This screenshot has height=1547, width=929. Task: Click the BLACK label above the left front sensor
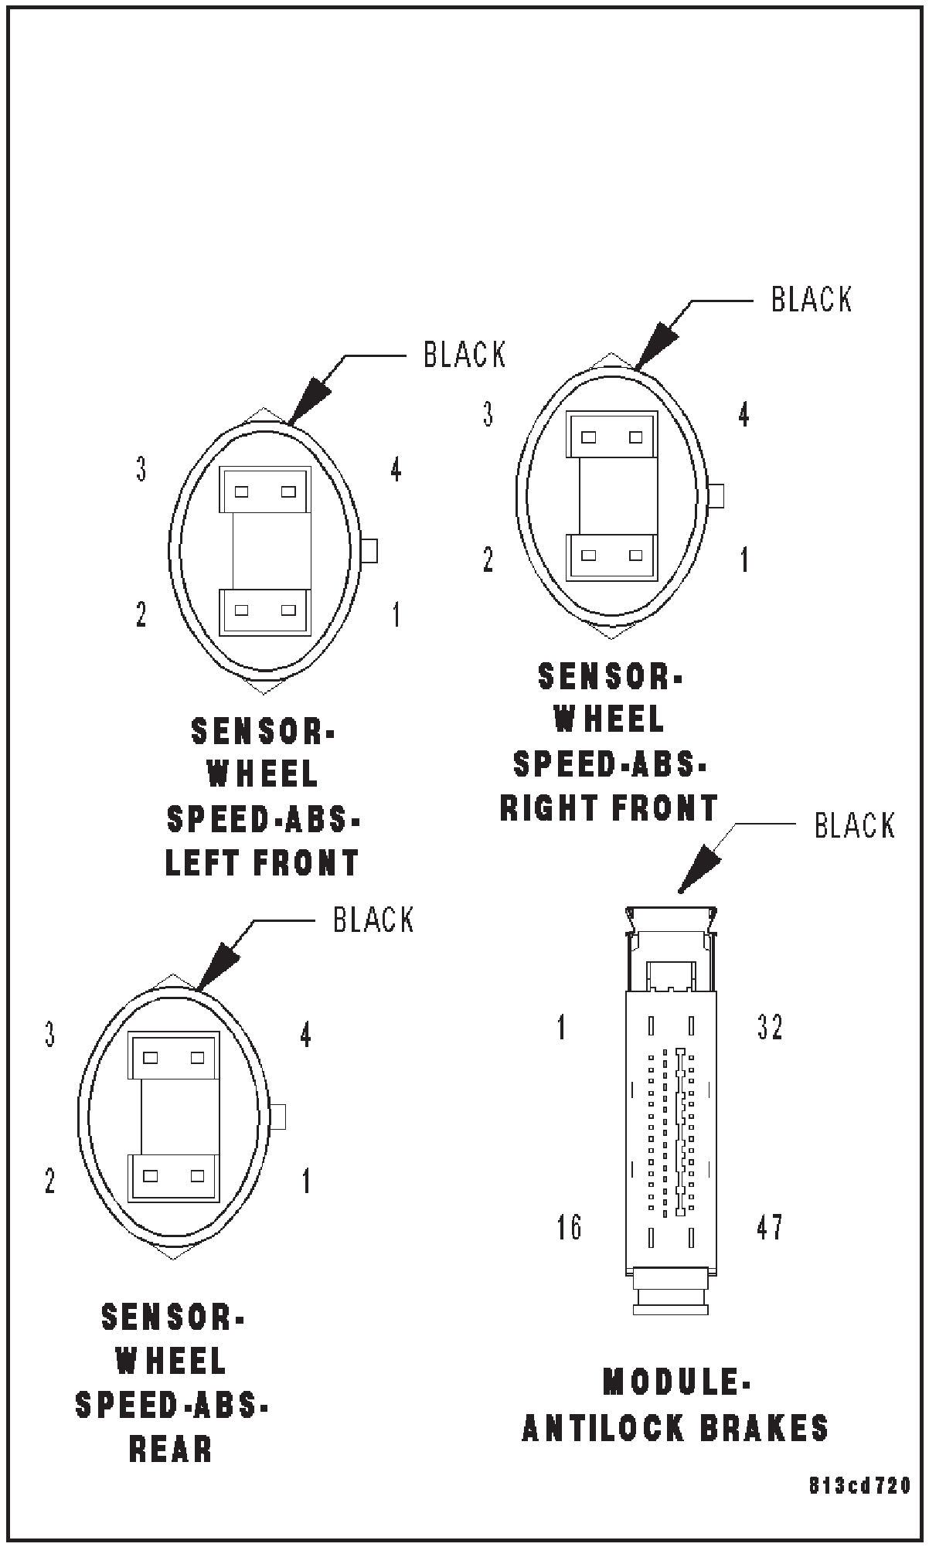tap(464, 355)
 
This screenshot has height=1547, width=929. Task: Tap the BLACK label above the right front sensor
tap(811, 299)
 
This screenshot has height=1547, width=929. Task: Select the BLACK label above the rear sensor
tap(373, 920)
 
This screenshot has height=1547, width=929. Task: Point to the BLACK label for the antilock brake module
tap(854, 825)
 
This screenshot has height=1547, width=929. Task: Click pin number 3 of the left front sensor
tap(141, 470)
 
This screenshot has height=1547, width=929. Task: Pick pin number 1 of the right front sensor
tap(744, 560)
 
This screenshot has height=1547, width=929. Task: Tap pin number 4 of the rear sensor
tap(306, 1035)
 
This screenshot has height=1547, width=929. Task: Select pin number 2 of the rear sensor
tap(50, 1181)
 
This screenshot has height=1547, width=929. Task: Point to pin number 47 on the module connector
tap(769, 1226)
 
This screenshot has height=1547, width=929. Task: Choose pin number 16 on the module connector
tap(570, 1226)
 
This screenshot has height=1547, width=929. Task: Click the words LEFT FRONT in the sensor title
tap(263, 863)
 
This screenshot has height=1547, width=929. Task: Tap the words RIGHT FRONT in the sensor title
tap(609, 808)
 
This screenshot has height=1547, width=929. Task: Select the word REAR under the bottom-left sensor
tap(171, 1450)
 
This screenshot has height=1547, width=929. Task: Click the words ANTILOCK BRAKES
tap(675, 1428)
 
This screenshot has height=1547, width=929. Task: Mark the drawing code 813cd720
tap(859, 1486)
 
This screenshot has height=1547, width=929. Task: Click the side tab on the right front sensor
tap(716, 495)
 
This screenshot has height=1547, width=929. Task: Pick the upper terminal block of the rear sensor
tap(174, 1056)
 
